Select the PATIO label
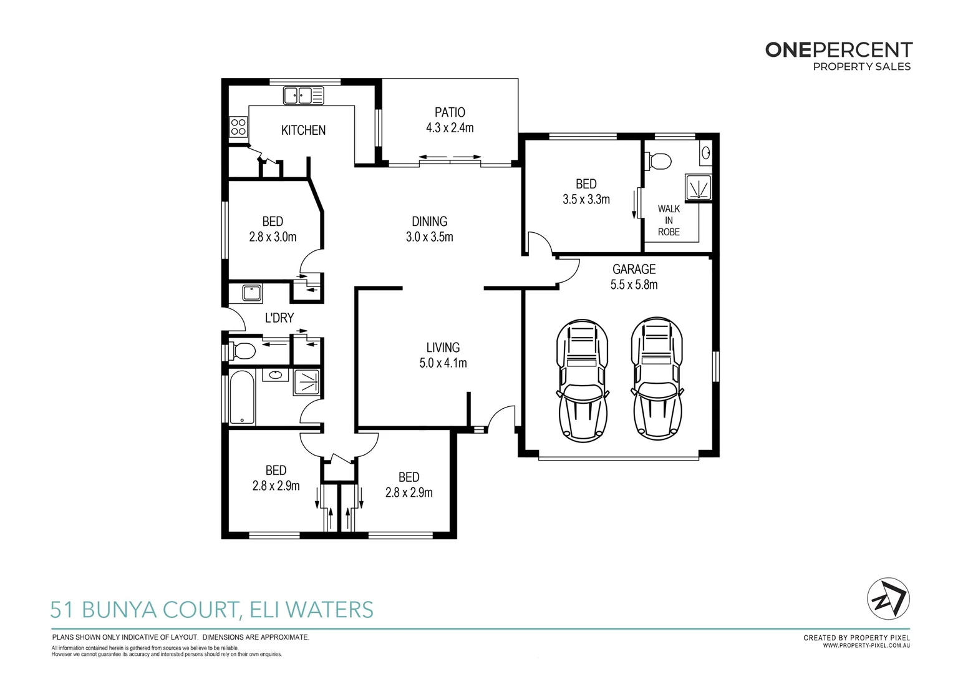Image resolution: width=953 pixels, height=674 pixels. pyautogui.click(x=450, y=112)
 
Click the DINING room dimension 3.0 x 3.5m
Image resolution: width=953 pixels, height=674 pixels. pyautogui.click(x=429, y=237)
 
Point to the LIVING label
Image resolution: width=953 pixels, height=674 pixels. pyautogui.click(x=443, y=348)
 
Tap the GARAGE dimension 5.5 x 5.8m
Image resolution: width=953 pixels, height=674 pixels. pyautogui.click(x=634, y=285)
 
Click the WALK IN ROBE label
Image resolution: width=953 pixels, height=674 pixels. pyautogui.click(x=669, y=220)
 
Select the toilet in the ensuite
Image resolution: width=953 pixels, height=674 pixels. pyautogui.click(x=659, y=161)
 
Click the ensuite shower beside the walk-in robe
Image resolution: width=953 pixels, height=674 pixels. pyautogui.click(x=698, y=187)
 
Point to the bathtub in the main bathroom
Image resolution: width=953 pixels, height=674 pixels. pyautogui.click(x=242, y=398)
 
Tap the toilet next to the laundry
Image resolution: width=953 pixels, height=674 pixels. pyautogui.click(x=242, y=351)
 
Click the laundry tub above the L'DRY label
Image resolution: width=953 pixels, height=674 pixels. pyautogui.click(x=251, y=292)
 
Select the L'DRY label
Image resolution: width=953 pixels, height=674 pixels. pyautogui.click(x=279, y=318)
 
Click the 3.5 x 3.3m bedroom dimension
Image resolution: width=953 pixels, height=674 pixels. pyautogui.click(x=586, y=200)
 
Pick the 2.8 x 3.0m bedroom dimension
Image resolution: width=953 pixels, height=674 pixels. pyautogui.click(x=273, y=237)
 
